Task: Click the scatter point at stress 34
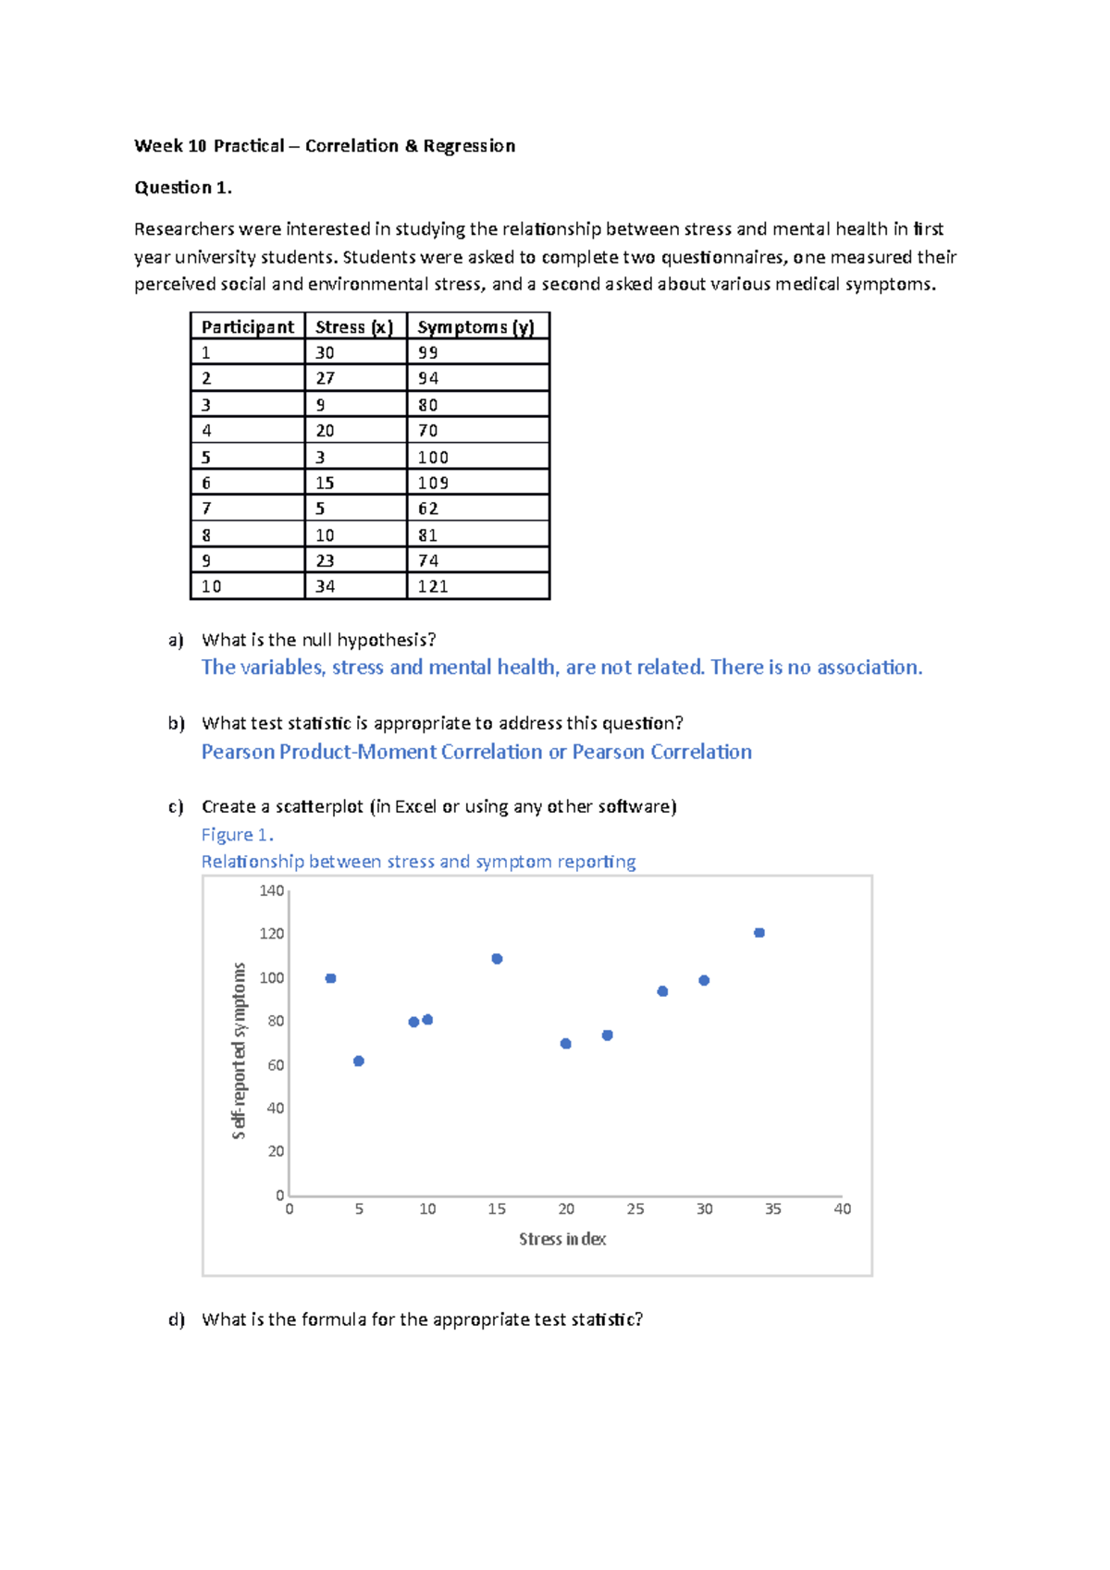[x=759, y=933]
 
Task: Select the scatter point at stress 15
[x=497, y=959]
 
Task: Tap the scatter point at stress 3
[x=331, y=978]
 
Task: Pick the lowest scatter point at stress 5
[x=359, y=1061]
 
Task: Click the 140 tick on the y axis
[x=272, y=891]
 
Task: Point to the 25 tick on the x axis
[x=635, y=1209]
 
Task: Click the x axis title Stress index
[x=562, y=1239]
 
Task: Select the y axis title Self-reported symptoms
[x=239, y=1050]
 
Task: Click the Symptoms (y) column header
[x=475, y=327]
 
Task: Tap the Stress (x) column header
[x=354, y=327]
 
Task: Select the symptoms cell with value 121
[x=433, y=587]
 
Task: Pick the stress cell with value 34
[x=326, y=587]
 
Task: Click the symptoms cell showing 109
[x=433, y=484]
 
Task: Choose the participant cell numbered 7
[x=206, y=509]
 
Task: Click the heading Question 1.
[x=183, y=188]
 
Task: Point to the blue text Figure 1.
[x=238, y=835]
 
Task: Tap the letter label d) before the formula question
[x=177, y=1319]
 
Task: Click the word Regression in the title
[x=469, y=146]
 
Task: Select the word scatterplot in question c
[x=319, y=807]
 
